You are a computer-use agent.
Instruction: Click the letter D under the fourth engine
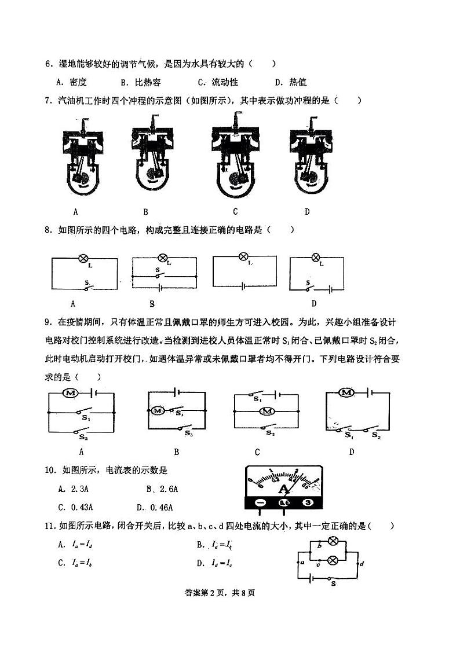(x=307, y=211)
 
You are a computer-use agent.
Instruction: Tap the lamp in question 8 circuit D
(x=316, y=258)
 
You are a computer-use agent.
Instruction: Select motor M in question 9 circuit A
(x=71, y=394)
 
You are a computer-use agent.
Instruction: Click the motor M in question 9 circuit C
(x=267, y=412)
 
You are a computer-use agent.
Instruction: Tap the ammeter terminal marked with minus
(x=260, y=503)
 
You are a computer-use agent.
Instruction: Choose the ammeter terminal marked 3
(x=308, y=503)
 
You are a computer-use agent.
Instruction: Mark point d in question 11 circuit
(x=362, y=563)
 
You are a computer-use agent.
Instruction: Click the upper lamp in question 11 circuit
(x=333, y=542)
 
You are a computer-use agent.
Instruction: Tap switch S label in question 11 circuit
(x=333, y=584)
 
